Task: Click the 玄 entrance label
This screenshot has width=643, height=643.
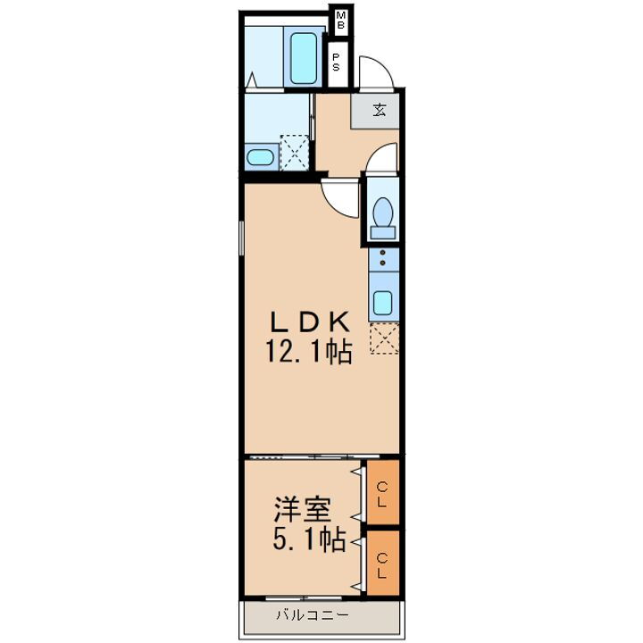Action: click(x=379, y=112)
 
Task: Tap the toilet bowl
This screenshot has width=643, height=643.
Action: click(x=383, y=214)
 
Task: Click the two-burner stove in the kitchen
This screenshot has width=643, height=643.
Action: click(x=383, y=260)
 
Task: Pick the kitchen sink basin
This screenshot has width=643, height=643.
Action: click(x=383, y=302)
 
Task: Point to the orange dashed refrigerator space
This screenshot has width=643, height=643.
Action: click(x=383, y=338)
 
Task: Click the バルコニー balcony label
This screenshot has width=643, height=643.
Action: click(x=305, y=614)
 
